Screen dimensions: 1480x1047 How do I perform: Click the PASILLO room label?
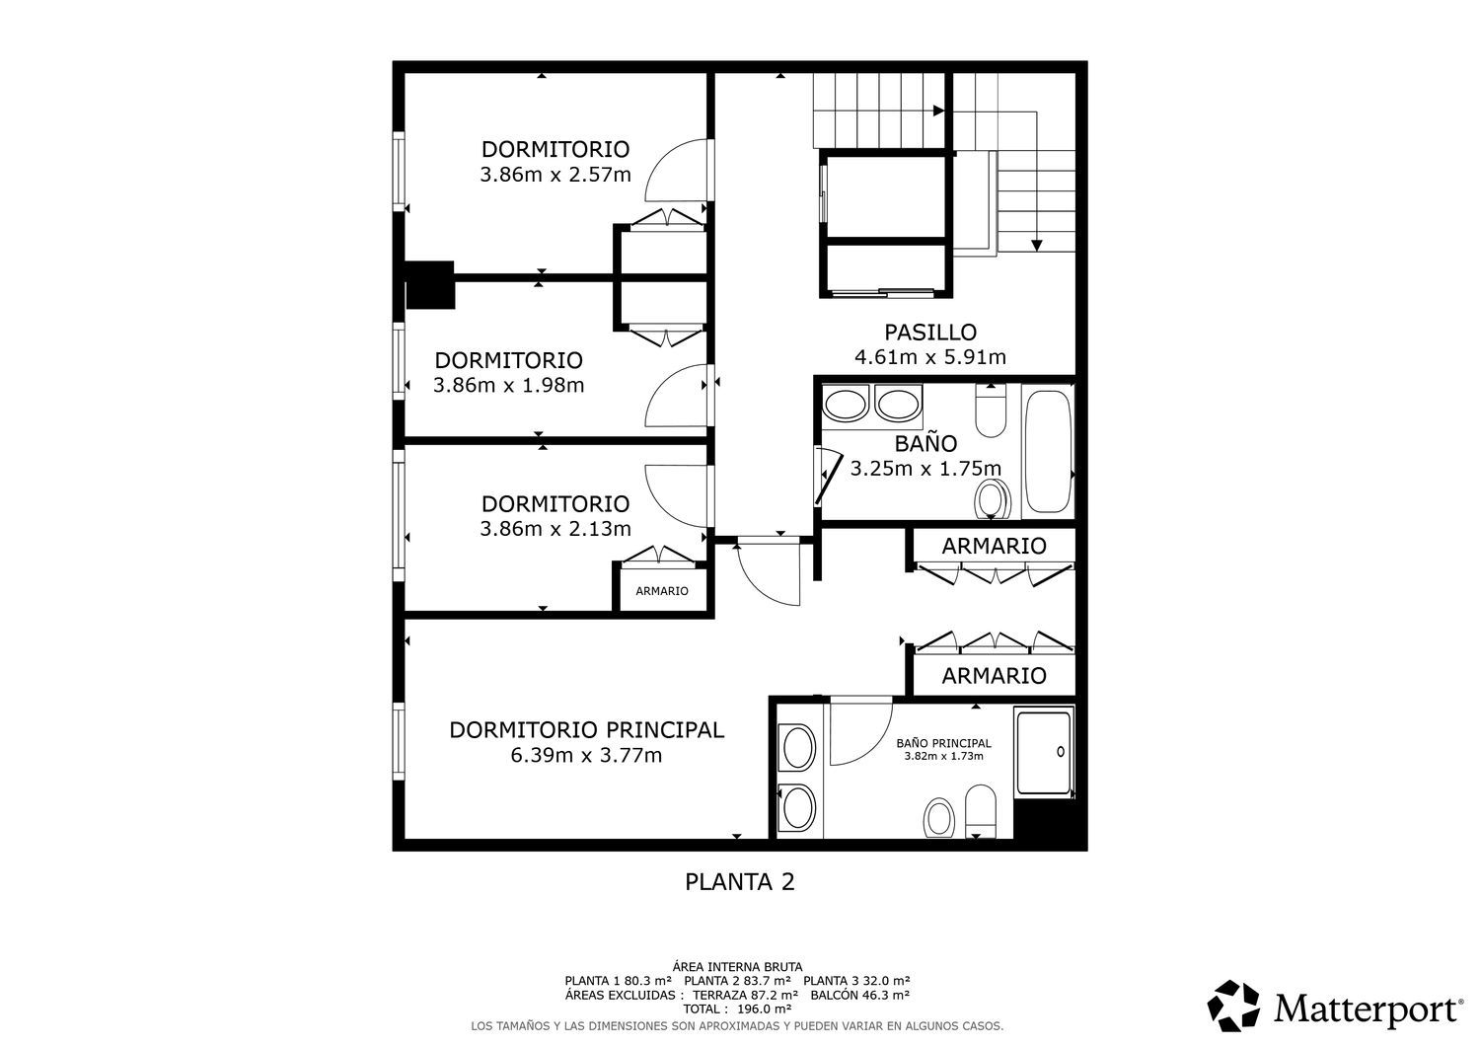click(x=930, y=332)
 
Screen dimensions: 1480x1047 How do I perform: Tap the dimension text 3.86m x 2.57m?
click(x=555, y=175)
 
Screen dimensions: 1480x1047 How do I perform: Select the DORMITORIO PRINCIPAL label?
click(x=587, y=729)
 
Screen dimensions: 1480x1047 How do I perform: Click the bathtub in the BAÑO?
click(x=1048, y=451)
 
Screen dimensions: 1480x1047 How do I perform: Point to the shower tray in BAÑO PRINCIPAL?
click(x=1044, y=752)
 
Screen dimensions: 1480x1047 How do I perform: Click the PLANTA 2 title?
click(x=739, y=882)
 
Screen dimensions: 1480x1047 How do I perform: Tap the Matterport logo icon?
click(x=1233, y=1006)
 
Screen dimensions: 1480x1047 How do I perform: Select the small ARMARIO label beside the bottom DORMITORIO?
click(x=661, y=591)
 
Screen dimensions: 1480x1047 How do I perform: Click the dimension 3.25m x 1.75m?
click(x=925, y=469)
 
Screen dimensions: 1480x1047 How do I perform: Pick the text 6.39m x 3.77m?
click(x=586, y=755)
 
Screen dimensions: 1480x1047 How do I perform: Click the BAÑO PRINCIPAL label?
click(x=943, y=743)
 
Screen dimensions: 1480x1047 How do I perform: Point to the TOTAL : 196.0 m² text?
click(x=737, y=1009)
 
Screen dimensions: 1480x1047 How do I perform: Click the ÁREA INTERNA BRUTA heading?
click(x=737, y=967)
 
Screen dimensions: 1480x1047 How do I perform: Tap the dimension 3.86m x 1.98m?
click(x=509, y=385)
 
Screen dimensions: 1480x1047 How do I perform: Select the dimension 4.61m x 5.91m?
click(x=930, y=357)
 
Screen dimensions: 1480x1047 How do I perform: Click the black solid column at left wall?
click(x=429, y=285)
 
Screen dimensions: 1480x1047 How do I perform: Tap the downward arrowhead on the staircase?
click(x=1037, y=246)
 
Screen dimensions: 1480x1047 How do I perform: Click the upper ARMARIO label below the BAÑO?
click(x=994, y=546)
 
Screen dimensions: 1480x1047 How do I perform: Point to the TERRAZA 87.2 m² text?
click(x=745, y=995)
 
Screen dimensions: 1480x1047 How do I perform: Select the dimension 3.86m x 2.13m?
click(x=555, y=529)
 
